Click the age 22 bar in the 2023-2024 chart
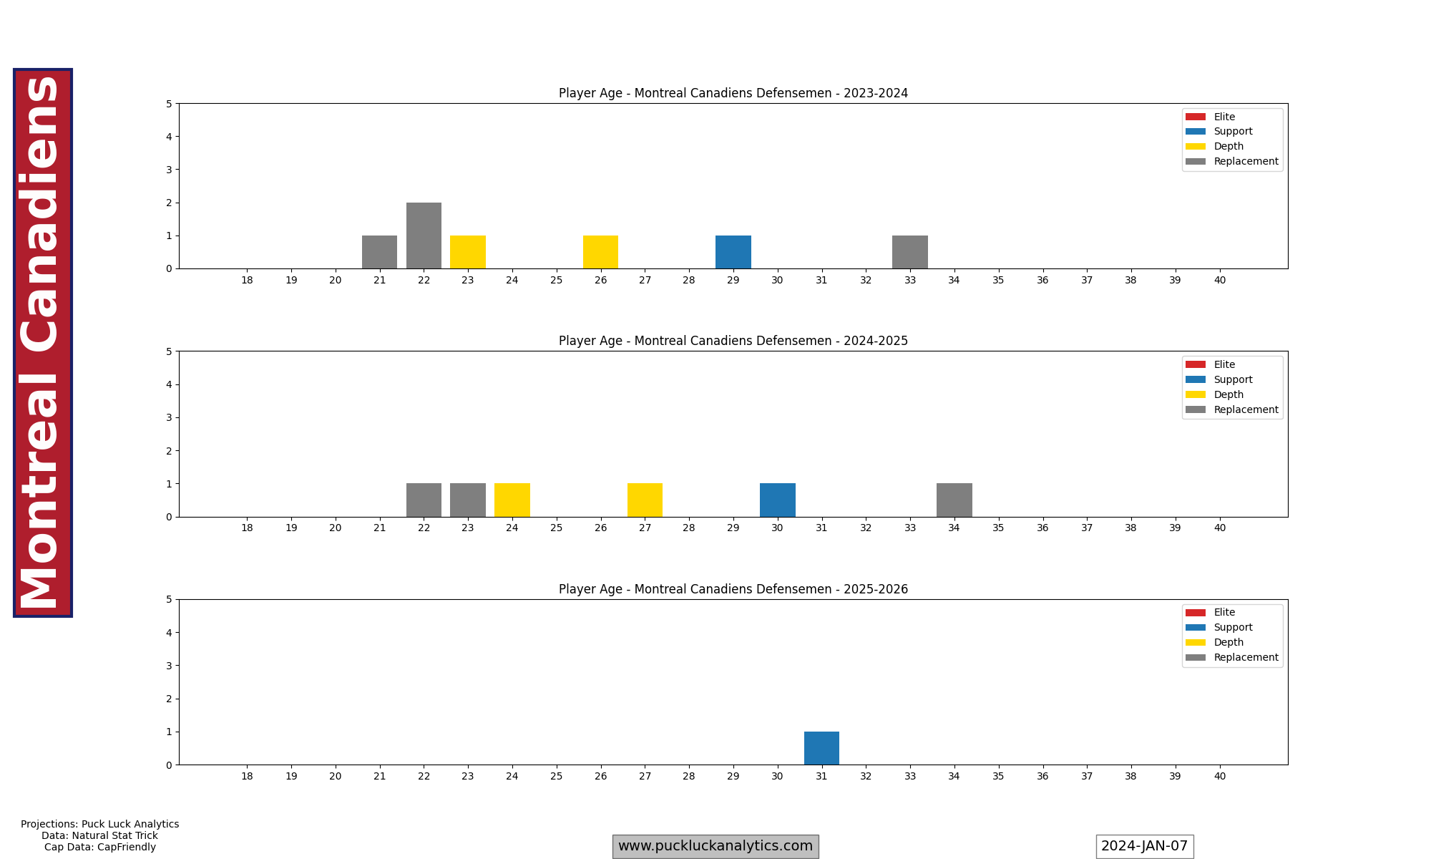[x=424, y=236]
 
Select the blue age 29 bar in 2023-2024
[x=733, y=252]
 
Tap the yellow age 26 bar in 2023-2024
[x=600, y=252]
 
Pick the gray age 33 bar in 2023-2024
[x=909, y=252]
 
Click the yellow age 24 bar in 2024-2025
[x=512, y=500]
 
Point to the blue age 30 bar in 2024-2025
[x=777, y=500]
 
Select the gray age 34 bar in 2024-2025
[x=954, y=500]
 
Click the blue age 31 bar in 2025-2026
[x=821, y=748]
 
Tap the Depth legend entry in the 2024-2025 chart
[x=1228, y=394]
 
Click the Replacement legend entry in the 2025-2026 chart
[x=1245, y=657]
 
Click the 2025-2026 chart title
[x=733, y=589]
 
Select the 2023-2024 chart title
[x=733, y=93]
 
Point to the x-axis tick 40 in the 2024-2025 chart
[x=1219, y=528]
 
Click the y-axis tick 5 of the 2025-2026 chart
[x=169, y=600]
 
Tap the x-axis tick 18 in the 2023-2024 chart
[x=247, y=281]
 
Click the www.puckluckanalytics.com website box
[x=715, y=846]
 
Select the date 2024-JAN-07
[x=1144, y=846]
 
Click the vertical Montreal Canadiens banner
[x=42, y=342]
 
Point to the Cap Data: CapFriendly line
[x=99, y=848]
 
